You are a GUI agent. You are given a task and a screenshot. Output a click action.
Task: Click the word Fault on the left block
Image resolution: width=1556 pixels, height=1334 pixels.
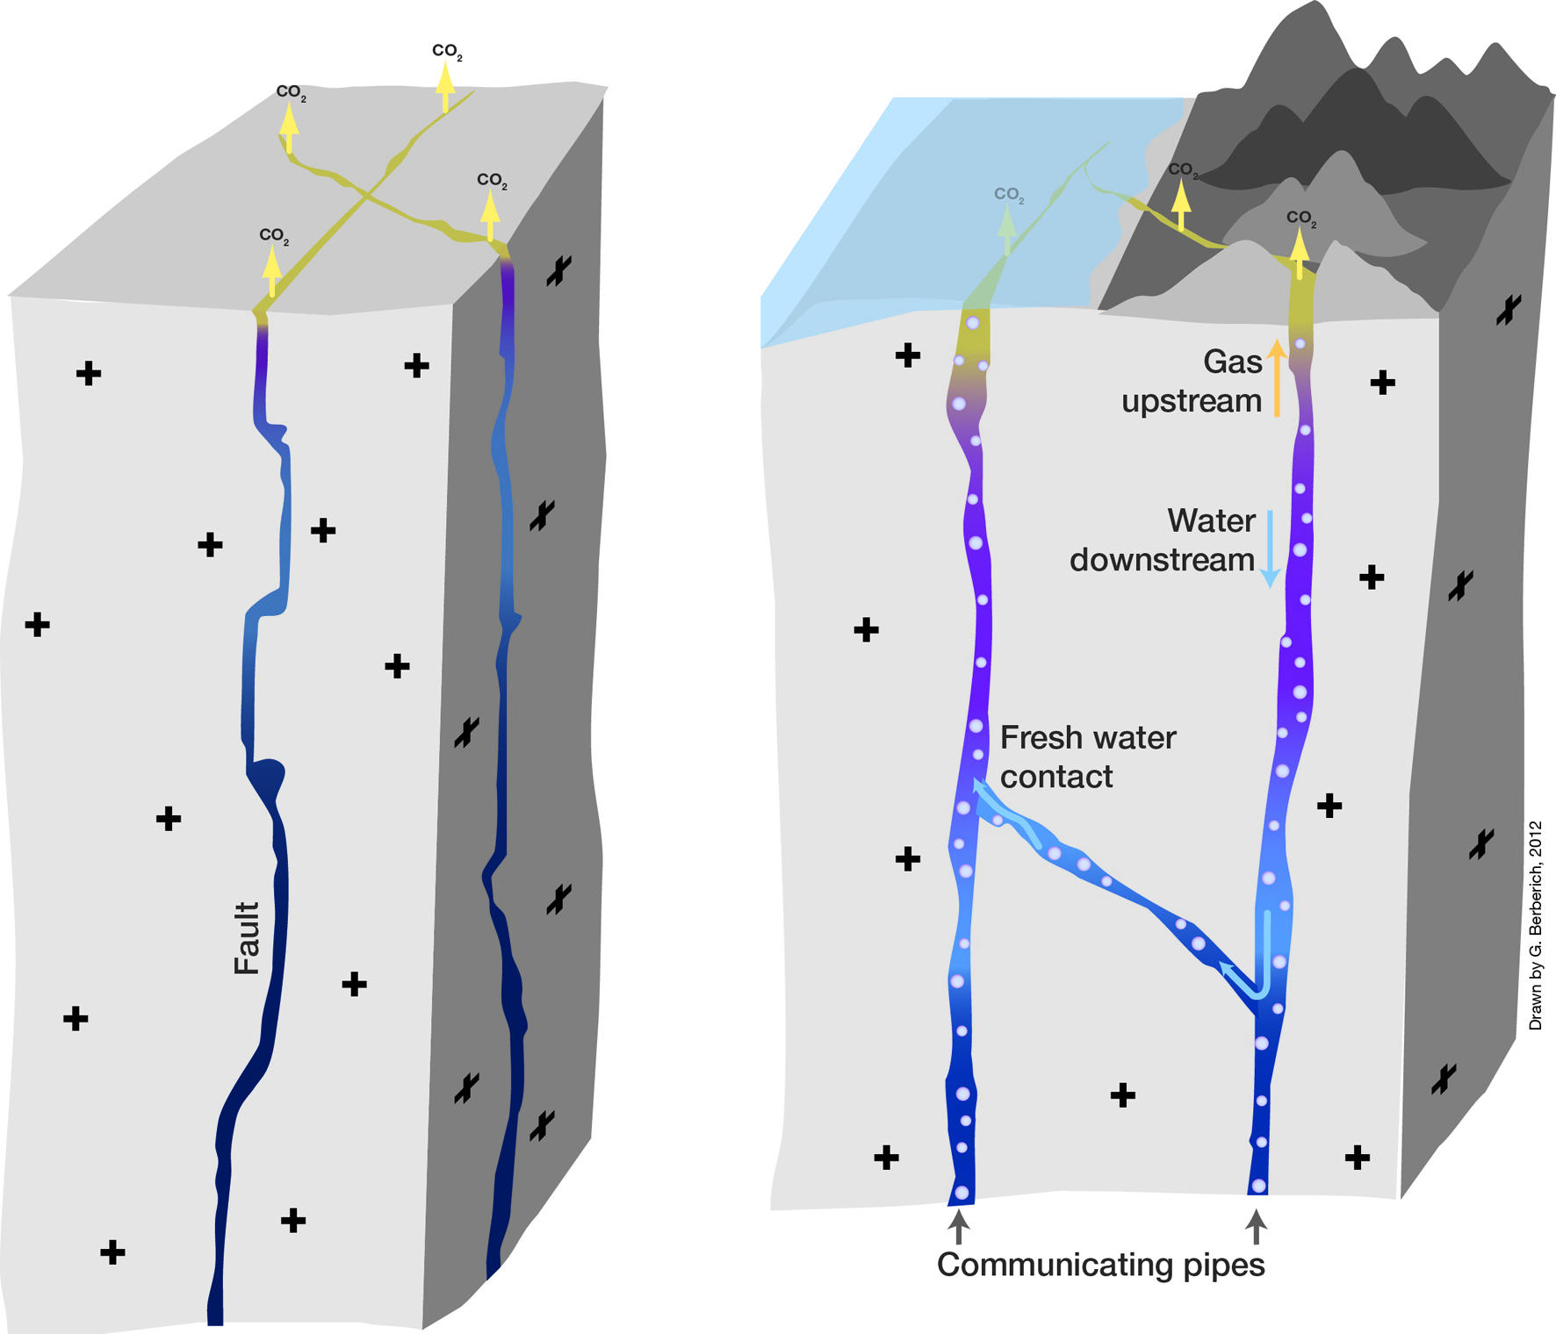click(x=248, y=938)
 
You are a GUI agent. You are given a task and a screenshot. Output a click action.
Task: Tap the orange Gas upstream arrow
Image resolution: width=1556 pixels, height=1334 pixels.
click(x=1277, y=379)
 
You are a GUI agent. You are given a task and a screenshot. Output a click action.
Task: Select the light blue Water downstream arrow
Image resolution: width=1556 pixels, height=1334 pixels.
click(x=1270, y=549)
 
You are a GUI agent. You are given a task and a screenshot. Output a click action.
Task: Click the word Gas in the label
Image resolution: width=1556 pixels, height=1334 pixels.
click(x=1232, y=362)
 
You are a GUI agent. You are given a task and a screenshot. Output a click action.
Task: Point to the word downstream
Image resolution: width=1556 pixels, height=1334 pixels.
click(x=1162, y=560)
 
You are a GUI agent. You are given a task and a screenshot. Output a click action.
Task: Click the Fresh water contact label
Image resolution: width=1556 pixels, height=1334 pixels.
click(x=1087, y=757)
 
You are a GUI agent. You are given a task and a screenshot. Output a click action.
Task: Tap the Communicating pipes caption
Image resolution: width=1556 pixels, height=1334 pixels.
click(x=1100, y=1265)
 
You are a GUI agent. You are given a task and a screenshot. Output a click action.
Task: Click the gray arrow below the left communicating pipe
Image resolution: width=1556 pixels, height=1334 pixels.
click(x=959, y=1225)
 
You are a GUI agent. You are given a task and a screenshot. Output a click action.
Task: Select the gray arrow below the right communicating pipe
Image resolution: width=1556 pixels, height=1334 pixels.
click(x=1257, y=1225)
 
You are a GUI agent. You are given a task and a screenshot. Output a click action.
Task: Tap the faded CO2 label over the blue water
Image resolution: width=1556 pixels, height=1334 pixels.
click(x=1009, y=195)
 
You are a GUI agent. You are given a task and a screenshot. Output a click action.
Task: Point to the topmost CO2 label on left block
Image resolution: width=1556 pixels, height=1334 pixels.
click(x=447, y=52)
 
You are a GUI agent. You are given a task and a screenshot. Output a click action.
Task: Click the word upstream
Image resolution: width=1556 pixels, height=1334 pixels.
click(x=1191, y=401)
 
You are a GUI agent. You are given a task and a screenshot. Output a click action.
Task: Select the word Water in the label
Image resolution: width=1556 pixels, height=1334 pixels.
click(x=1211, y=521)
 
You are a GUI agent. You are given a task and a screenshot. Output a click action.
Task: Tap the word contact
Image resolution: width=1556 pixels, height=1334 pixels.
click(x=1056, y=777)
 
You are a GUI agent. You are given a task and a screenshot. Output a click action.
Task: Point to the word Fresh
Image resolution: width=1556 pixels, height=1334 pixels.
click(x=1040, y=738)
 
